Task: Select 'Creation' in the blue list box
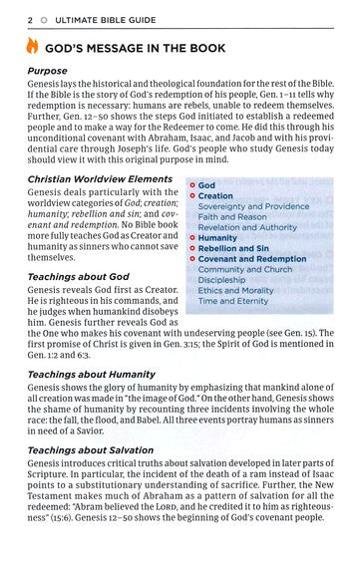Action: pyautogui.click(x=216, y=196)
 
